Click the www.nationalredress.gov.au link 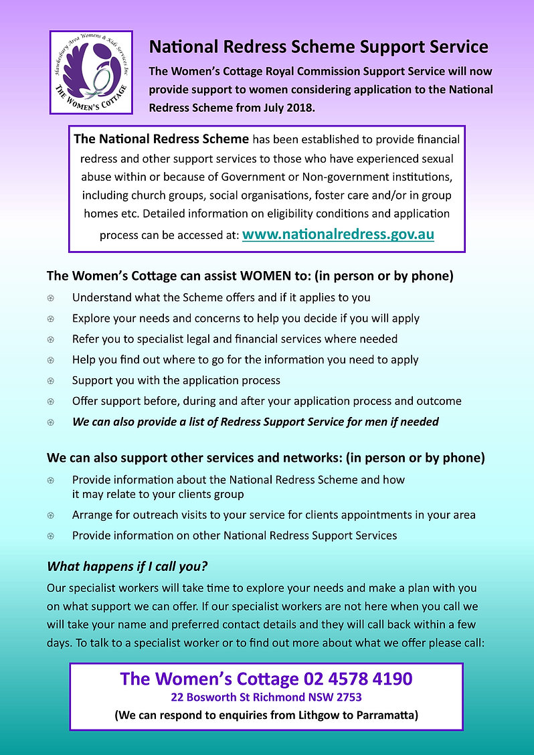tap(337, 235)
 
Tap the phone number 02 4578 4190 tap(358, 679)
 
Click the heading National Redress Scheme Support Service tap(319, 47)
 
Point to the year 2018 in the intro tap(300, 107)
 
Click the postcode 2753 tap(349, 697)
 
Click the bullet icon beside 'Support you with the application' tap(51, 381)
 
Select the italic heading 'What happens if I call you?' tap(127, 566)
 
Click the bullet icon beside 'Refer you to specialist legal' tap(51, 339)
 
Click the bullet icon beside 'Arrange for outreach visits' tap(51, 515)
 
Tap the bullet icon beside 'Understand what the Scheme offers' tap(51, 298)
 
